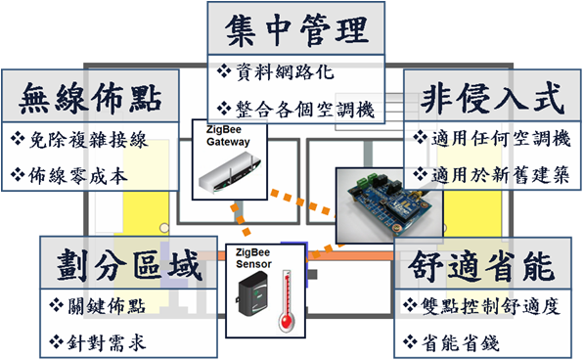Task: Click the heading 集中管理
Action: coord(296,30)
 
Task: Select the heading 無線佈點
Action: coord(90,98)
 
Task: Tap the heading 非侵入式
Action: coord(492,98)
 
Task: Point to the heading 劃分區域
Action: coord(129,265)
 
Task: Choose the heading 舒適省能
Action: coord(481,265)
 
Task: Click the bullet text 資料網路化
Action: coord(286,71)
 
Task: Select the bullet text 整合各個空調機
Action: coord(305,110)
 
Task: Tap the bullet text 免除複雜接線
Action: coord(88,140)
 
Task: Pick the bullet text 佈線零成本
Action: coord(78,175)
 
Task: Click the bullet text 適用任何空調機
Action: coord(501,138)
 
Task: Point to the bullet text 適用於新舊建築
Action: coord(501,174)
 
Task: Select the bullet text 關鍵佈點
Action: coord(107,306)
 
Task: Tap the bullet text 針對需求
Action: coord(107,342)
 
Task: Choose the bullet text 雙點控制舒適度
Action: coord(491,306)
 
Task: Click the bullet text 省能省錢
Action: coord(461,342)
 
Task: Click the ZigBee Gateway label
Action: coord(228,136)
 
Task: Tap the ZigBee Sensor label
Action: coord(253,258)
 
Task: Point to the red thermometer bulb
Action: coord(287,321)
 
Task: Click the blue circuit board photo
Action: coord(389,206)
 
